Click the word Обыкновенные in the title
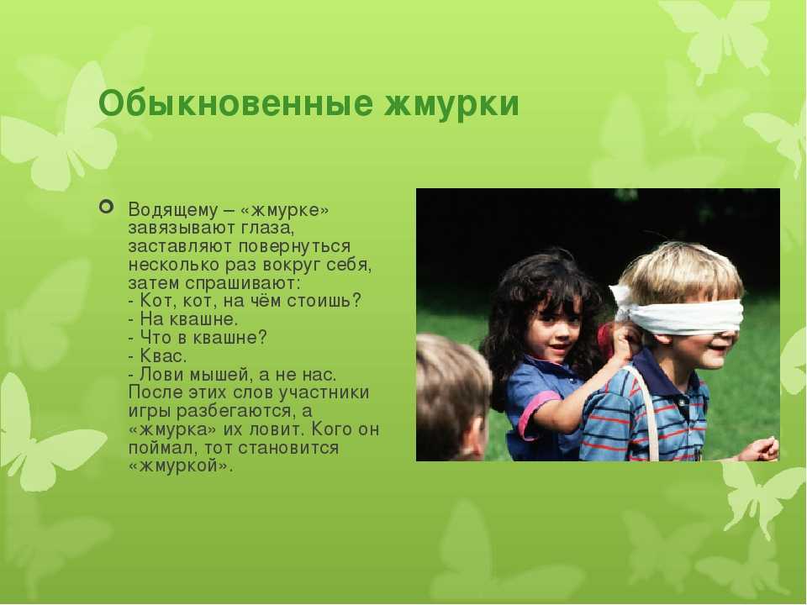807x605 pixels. coord(235,104)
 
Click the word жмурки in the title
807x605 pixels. coord(452,104)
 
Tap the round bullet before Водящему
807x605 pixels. coord(106,207)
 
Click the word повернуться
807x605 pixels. coord(294,246)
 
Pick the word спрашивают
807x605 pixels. coord(242,283)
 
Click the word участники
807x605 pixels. coord(324,392)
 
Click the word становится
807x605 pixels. coord(288,448)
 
